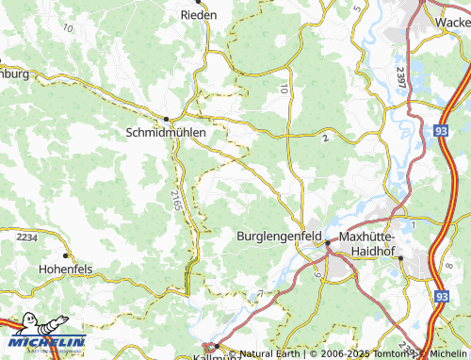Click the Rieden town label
tap(199, 15)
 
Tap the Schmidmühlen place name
tap(166, 133)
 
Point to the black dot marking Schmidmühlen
tap(167, 119)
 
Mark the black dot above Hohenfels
tap(66, 255)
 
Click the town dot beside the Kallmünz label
tap(216, 346)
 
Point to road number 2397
tap(401, 76)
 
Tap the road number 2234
tap(27, 237)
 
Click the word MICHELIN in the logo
tap(47, 341)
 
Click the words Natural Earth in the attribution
tap(270, 354)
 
